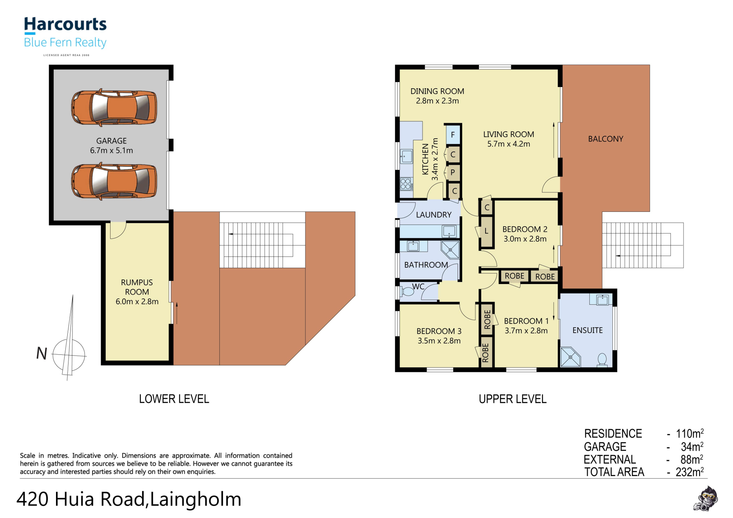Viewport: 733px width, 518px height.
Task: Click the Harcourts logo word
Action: click(65, 24)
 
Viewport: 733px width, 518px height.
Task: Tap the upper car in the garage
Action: click(114, 107)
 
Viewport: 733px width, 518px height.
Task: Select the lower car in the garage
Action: click(114, 181)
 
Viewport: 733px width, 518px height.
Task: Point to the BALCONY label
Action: click(605, 139)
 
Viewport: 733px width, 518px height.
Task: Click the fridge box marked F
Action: click(452, 135)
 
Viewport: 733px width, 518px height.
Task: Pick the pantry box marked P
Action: click(452, 172)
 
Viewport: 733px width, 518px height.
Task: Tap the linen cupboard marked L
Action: click(486, 231)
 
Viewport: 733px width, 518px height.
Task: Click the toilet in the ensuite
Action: click(602, 360)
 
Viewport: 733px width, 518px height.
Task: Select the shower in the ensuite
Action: click(570, 357)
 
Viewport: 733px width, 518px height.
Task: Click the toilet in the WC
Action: click(407, 291)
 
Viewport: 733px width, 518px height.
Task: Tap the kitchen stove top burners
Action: click(406, 184)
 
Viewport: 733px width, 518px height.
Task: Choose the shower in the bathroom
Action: click(450, 250)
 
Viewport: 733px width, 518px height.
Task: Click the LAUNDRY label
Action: click(434, 215)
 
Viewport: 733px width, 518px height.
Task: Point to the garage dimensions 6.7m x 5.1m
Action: click(112, 150)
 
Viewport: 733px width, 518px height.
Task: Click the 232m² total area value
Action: click(690, 472)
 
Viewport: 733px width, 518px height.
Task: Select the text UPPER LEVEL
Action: click(512, 399)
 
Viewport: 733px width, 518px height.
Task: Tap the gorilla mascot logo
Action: click(706, 498)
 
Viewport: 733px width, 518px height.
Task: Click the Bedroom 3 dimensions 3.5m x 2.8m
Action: click(439, 341)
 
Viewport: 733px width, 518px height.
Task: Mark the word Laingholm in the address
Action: click(196, 499)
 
